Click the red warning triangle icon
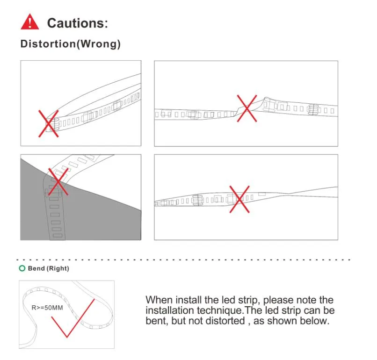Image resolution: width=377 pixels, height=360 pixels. point(30,22)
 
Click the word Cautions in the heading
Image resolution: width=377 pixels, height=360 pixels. point(76,23)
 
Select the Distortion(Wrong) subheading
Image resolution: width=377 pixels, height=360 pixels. point(71,44)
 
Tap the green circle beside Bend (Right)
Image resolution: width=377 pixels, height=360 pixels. point(22,268)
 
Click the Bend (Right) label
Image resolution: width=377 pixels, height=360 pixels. point(49,268)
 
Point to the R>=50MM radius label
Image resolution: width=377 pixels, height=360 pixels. point(47,308)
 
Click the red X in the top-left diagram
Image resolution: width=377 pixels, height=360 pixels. point(49,124)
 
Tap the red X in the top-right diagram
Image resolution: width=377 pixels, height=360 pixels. point(247,108)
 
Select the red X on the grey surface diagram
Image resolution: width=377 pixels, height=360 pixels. point(58,182)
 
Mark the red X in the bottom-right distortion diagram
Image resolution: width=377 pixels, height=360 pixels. point(239,199)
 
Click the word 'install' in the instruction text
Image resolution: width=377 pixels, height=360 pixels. point(188,300)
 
